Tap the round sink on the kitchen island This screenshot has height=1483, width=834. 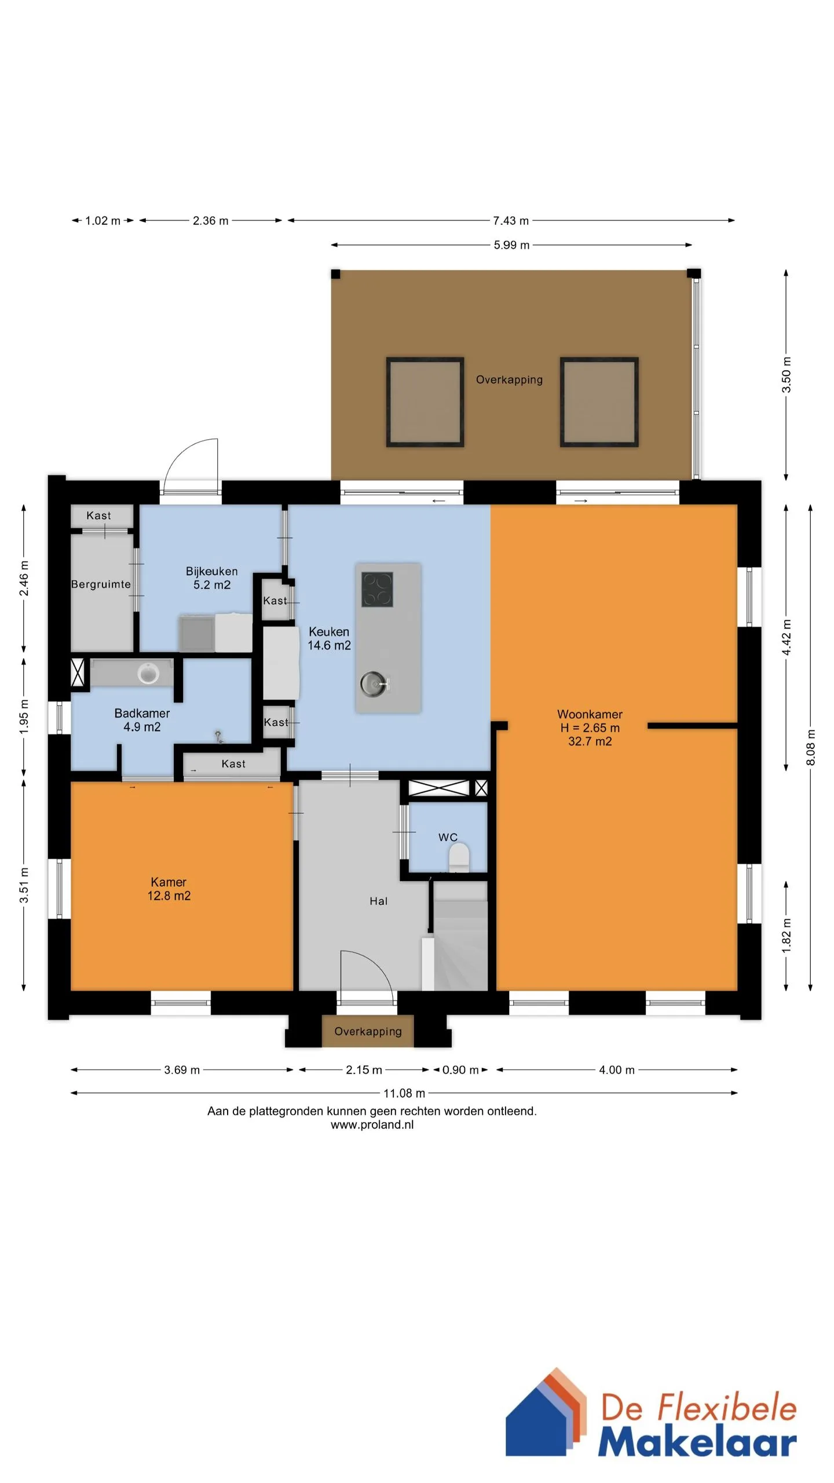point(374,684)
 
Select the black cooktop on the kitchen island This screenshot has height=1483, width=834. point(377,589)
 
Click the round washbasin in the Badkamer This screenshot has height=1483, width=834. point(148,673)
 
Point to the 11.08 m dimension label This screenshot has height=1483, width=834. point(404,1093)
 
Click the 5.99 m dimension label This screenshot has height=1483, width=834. point(511,245)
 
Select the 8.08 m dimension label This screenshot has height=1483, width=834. point(811,747)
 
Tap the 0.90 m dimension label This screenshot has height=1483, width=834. point(460,1070)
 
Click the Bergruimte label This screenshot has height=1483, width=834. point(101,584)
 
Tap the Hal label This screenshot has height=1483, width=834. point(379,901)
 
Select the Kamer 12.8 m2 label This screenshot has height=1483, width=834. point(169,889)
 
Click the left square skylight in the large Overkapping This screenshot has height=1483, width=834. point(425,402)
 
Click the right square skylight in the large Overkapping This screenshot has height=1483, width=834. point(599,402)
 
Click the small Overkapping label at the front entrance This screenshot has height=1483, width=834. point(368,1031)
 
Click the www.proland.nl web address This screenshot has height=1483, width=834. point(372,1125)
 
